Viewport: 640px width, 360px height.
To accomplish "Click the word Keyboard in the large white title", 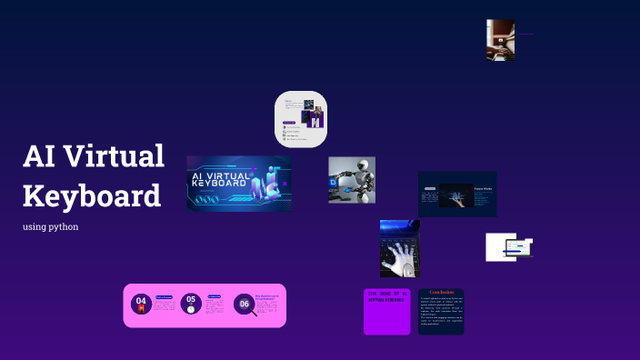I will point(91,195).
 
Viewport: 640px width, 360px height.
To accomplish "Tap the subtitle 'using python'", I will point(50,226).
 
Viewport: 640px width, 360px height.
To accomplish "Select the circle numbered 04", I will point(141,304).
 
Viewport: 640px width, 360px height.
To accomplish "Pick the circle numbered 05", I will point(190,303).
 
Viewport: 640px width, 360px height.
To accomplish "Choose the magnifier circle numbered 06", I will point(244,305).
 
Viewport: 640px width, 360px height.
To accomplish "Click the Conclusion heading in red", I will point(441,293).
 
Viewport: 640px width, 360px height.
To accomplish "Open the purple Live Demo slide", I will point(387,312).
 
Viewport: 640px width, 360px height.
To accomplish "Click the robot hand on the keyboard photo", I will point(398,249).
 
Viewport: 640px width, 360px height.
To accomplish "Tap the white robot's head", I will point(365,169).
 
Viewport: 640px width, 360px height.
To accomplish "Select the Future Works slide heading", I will point(483,189).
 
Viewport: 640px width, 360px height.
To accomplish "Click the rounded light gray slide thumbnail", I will point(301,119).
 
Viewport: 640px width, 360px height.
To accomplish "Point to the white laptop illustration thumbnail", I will point(507,247).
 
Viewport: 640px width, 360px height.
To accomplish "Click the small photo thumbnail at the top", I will point(500,40).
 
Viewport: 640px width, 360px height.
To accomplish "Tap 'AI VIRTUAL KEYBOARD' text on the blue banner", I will point(220,178).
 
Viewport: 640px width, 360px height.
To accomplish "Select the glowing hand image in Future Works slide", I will point(455,195).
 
